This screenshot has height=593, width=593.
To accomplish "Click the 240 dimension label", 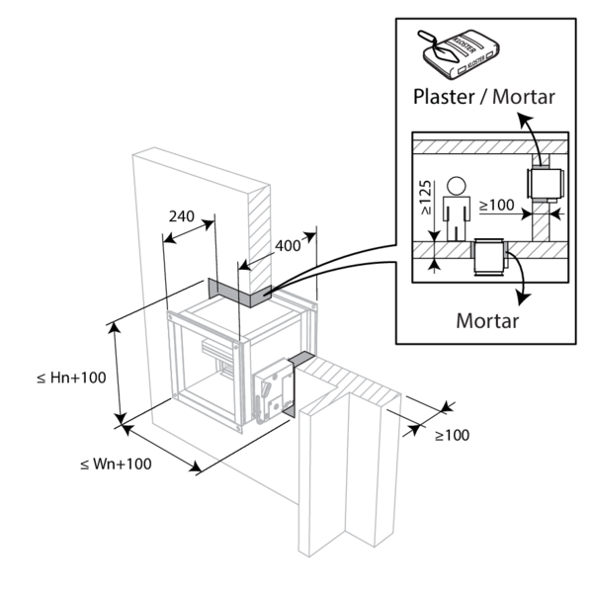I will click(x=182, y=216).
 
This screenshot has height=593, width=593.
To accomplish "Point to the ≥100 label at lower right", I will click(x=452, y=435).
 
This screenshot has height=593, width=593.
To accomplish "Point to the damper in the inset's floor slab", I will click(x=488, y=260).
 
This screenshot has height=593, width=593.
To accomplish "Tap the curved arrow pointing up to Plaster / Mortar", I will click(x=531, y=128).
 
